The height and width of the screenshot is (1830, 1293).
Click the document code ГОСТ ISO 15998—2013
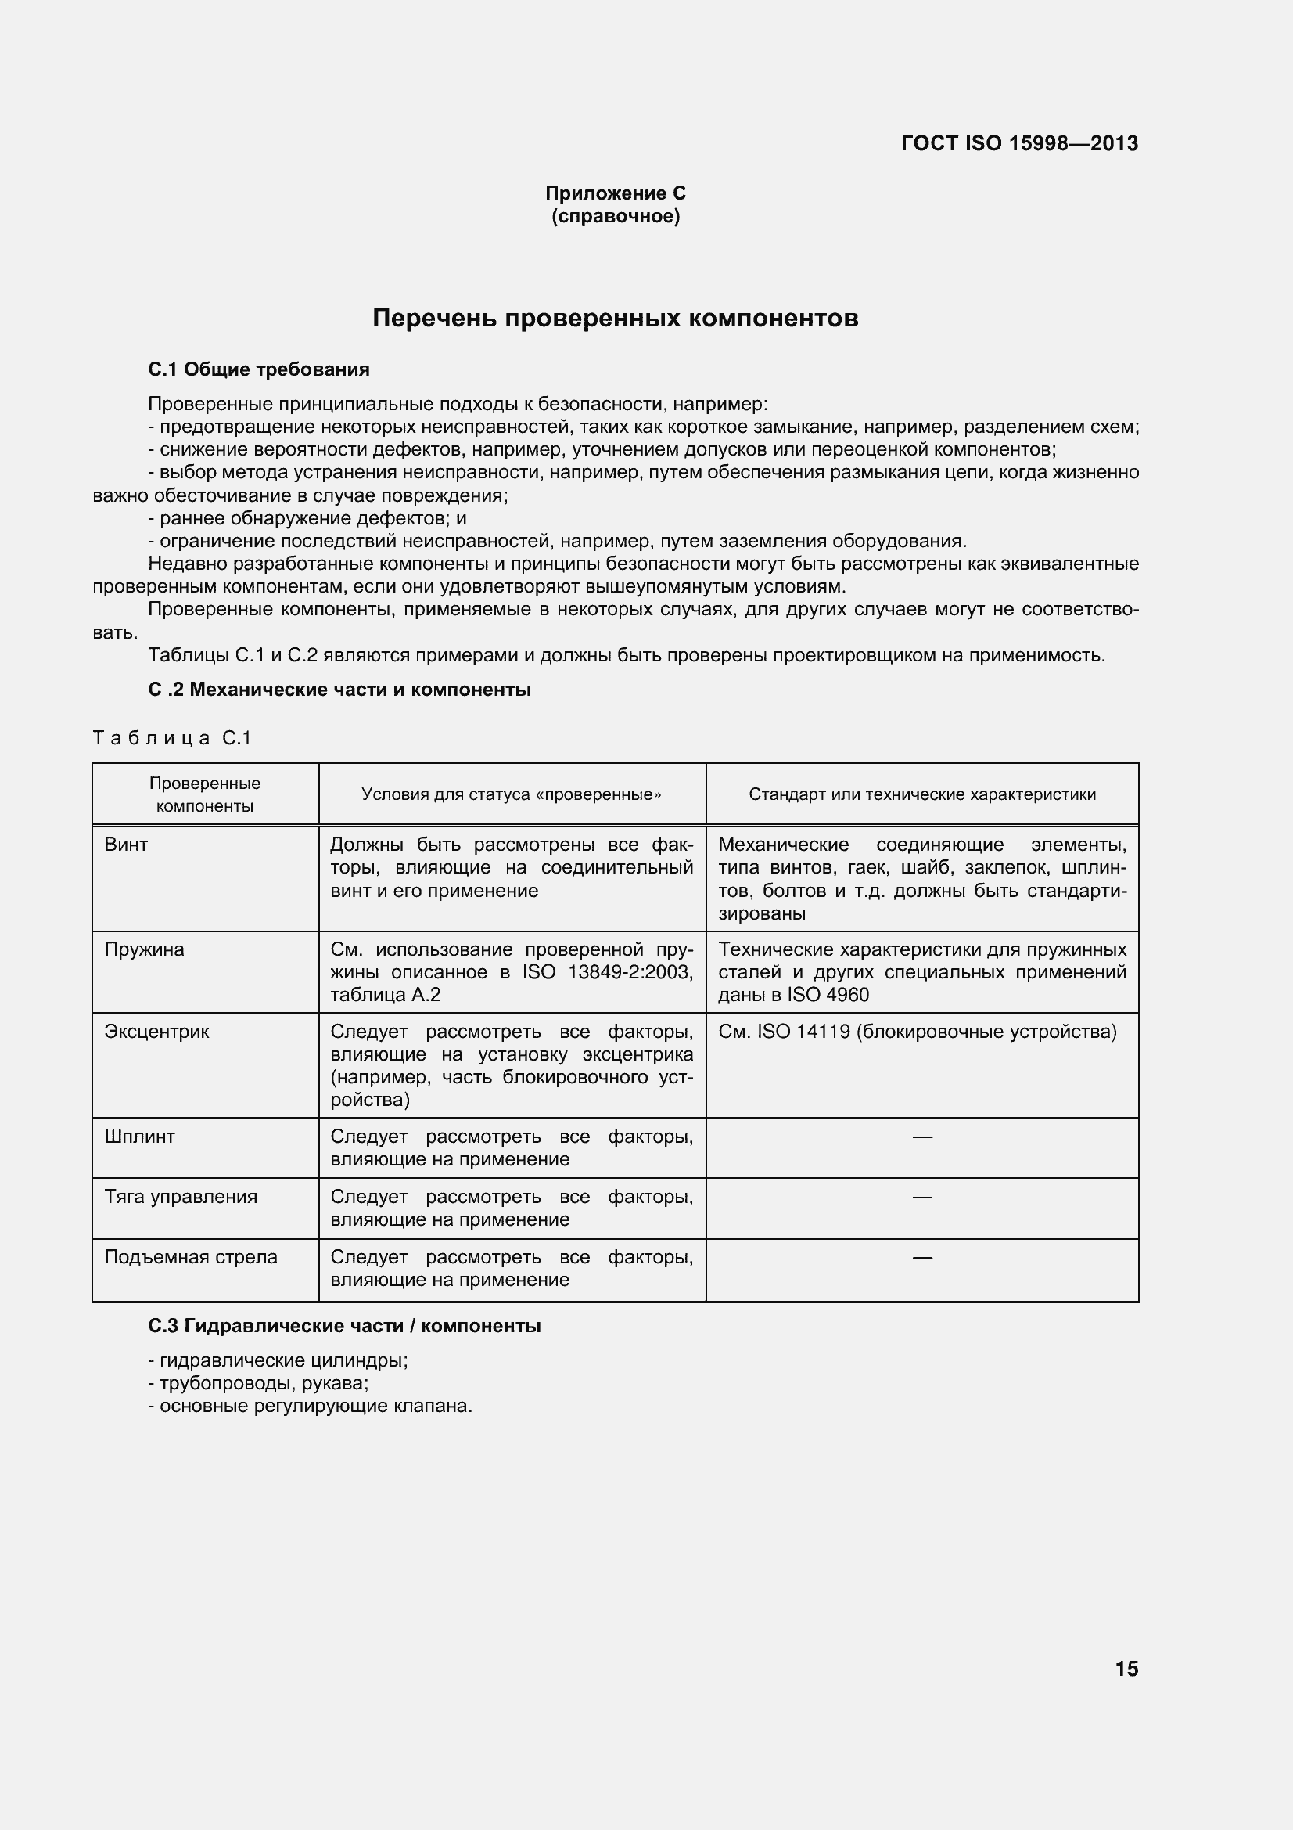tap(1019, 143)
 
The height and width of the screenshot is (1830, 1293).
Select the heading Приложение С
tap(615, 193)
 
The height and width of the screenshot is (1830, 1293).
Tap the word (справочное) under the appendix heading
tap(615, 216)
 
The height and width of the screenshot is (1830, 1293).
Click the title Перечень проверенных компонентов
tap(615, 318)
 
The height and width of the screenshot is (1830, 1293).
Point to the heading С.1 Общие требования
tap(259, 369)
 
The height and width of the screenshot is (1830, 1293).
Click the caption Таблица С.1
tap(172, 738)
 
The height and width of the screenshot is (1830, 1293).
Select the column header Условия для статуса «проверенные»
tap(512, 794)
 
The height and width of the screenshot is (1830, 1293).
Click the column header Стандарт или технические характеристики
tap(921, 794)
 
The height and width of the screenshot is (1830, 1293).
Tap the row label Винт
tap(126, 844)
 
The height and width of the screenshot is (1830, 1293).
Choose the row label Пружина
tap(144, 949)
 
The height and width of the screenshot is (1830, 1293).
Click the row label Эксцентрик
tap(157, 1032)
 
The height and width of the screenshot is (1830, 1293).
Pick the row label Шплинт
tap(139, 1136)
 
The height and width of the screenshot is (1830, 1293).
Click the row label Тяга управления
tap(181, 1196)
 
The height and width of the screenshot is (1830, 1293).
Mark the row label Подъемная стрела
tap(191, 1257)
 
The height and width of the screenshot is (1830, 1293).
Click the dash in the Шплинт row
tap(921, 1137)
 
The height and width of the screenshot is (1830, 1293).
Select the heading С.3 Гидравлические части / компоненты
tap(344, 1325)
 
